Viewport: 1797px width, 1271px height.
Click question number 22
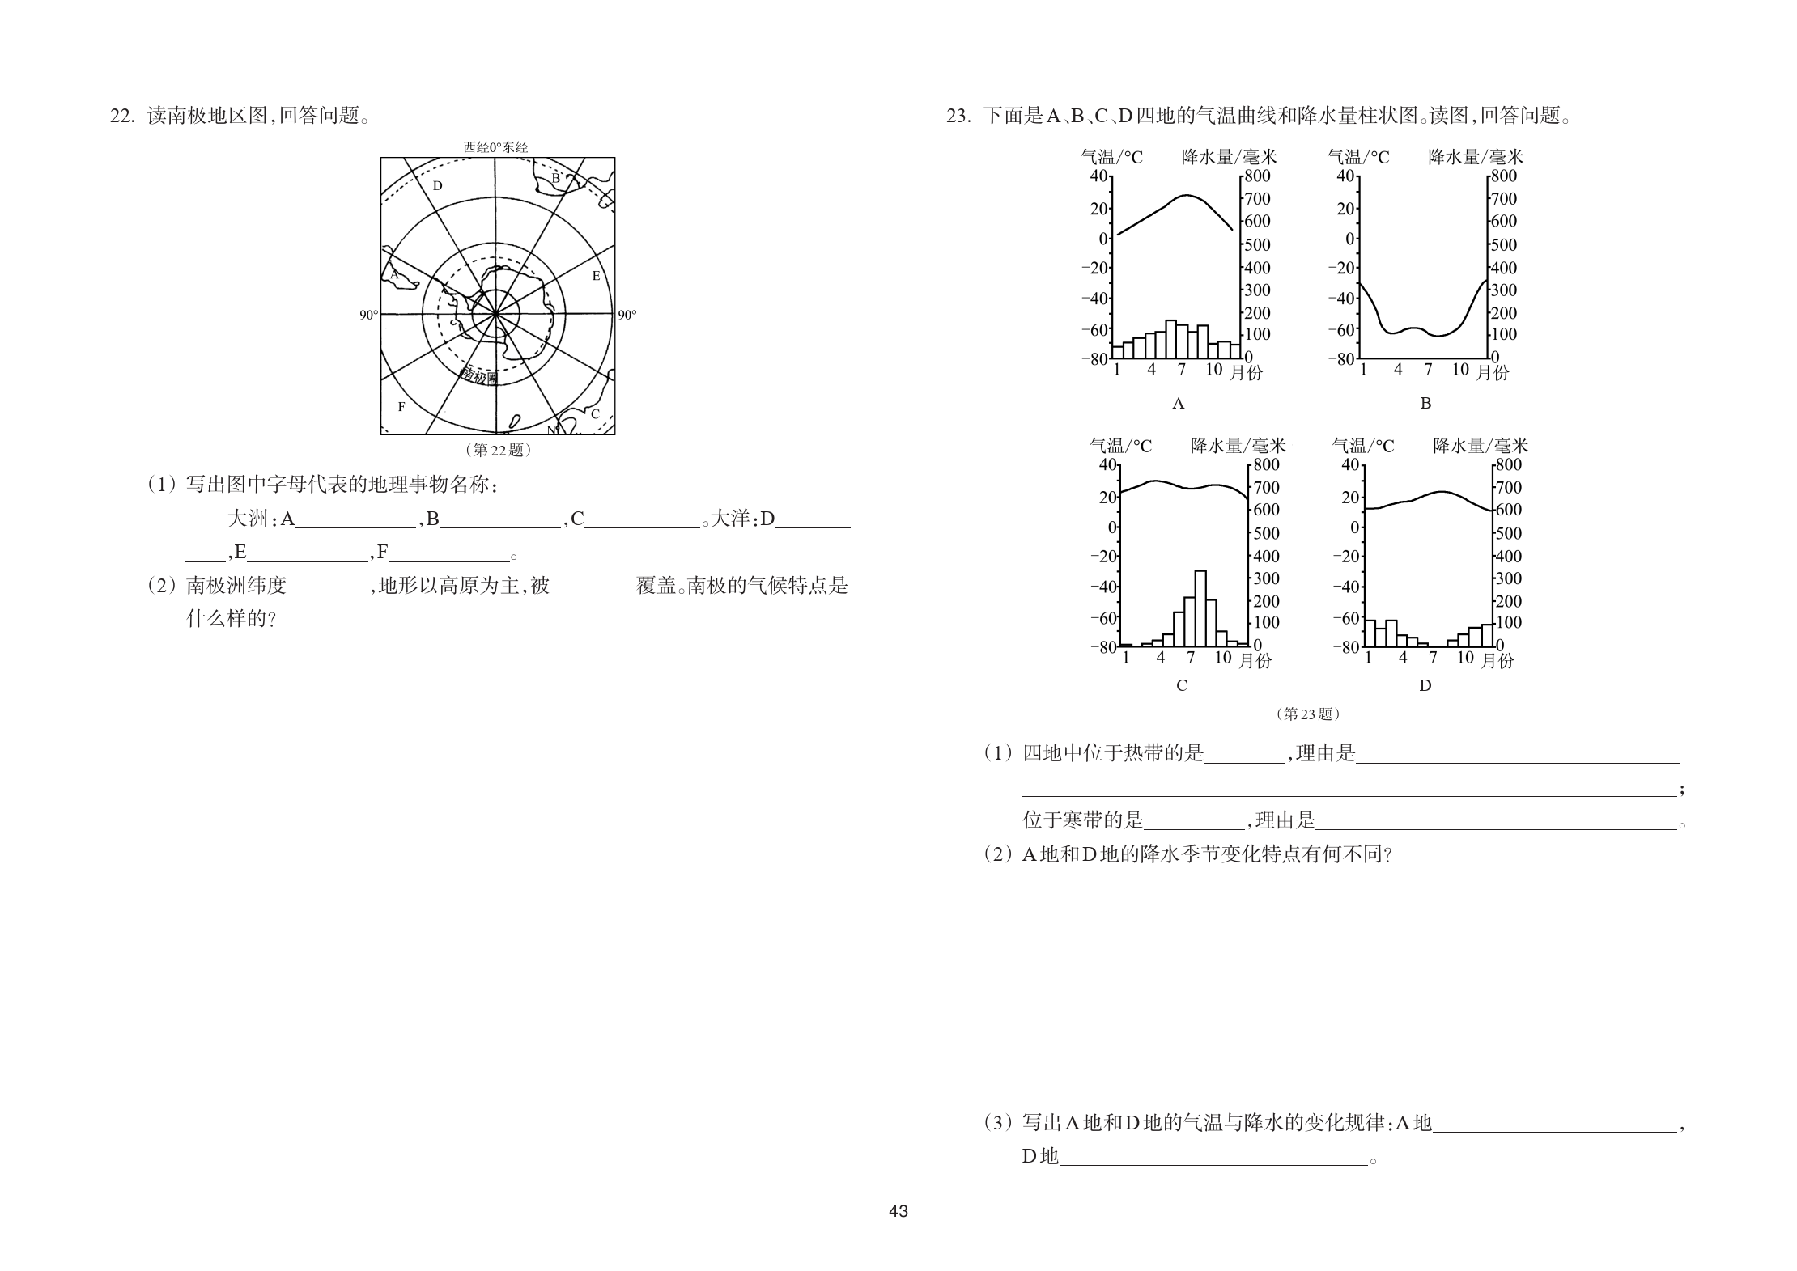(121, 117)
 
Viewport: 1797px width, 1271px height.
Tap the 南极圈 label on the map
(479, 376)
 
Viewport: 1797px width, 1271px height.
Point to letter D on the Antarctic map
(437, 186)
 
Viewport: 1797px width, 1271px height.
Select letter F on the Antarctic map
(401, 407)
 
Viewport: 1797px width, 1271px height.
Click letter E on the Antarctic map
(597, 276)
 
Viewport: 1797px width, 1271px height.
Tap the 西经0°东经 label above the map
(495, 147)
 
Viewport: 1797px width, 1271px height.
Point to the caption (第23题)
(1307, 714)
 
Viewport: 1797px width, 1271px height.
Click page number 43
(898, 1211)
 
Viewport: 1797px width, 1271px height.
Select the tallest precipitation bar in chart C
(1200, 608)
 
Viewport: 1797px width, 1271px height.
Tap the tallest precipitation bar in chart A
(1170, 339)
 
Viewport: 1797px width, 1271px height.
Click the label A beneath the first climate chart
(1179, 404)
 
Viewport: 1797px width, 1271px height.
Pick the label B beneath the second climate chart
(1425, 404)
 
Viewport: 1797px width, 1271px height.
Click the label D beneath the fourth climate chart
(1425, 686)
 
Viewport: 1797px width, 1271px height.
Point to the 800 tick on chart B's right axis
(1505, 176)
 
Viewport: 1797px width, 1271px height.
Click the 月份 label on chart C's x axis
(1255, 661)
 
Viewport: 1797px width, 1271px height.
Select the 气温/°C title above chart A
(1112, 157)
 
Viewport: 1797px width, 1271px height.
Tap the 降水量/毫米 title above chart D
(1481, 446)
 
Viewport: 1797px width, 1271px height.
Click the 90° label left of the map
(368, 316)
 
